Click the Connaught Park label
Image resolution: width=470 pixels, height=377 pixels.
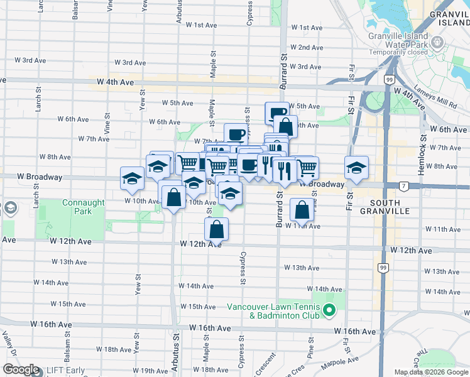tap(77, 207)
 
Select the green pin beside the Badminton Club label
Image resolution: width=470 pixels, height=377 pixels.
tap(329, 310)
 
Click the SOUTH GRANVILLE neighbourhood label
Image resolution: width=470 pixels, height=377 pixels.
tap(398, 207)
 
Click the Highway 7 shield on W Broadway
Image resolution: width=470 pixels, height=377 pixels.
tap(404, 185)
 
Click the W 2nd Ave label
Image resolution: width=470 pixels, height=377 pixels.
tap(308, 48)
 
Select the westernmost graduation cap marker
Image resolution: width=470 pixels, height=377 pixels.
tap(133, 178)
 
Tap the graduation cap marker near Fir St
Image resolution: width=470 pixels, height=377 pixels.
tap(356, 168)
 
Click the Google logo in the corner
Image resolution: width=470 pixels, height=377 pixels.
tap(21, 369)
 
